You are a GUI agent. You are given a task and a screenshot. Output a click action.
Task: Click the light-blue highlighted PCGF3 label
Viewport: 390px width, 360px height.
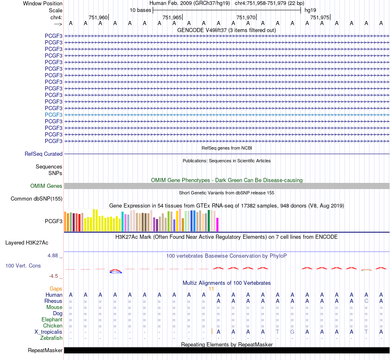click(x=53, y=115)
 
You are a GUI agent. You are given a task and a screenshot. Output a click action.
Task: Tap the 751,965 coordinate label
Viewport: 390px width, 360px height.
click(x=172, y=17)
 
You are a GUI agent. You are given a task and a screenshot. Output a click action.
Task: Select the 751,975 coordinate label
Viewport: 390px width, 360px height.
click(x=320, y=17)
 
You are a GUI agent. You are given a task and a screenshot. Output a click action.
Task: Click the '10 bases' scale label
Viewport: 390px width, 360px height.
click(x=140, y=10)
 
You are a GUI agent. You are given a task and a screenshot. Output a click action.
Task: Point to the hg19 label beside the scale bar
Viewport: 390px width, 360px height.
click(x=310, y=10)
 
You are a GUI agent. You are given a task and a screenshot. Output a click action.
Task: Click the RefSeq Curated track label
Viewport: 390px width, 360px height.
click(x=44, y=154)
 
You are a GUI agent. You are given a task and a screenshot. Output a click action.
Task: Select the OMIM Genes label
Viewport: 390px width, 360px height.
click(x=46, y=186)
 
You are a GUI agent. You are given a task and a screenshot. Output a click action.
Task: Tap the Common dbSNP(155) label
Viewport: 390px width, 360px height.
click(x=37, y=198)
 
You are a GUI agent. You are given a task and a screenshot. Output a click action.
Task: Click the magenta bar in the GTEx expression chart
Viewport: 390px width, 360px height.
click(x=218, y=224)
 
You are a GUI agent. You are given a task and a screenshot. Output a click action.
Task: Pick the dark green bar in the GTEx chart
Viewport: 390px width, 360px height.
click(x=209, y=221)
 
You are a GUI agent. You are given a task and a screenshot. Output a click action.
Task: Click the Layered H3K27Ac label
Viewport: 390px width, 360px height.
click(x=27, y=243)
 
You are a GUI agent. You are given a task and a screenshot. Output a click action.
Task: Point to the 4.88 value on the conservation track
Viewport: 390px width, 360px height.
click(x=53, y=256)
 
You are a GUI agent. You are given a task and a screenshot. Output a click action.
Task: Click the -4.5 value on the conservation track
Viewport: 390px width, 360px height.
click(x=53, y=276)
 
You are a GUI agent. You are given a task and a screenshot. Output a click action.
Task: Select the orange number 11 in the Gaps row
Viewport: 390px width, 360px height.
click(x=211, y=289)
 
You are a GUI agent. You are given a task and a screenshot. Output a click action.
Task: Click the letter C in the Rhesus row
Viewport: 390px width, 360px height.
click(x=366, y=301)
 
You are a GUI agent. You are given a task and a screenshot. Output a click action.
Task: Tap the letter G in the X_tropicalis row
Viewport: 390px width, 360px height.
click(x=292, y=332)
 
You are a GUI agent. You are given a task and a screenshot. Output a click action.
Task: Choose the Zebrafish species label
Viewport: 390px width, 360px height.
click(x=51, y=338)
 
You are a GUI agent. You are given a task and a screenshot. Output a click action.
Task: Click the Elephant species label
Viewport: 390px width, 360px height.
click(x=52, y=319)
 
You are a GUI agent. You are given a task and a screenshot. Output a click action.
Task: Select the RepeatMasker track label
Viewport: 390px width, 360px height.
click(x=45, y=350)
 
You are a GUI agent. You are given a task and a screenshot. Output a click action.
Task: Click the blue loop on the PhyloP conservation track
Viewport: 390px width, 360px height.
click(x=116, y=272)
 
